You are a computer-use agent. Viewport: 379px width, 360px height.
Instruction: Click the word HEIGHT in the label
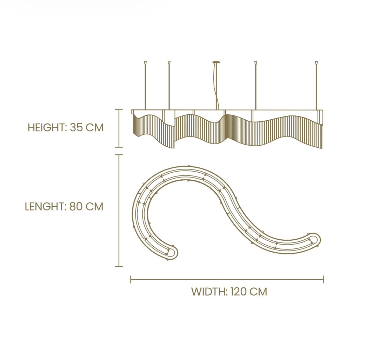point(47,128)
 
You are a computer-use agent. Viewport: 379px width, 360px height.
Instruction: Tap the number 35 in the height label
point(77,128)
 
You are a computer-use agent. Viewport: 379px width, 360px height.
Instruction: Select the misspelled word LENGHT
point(45,207)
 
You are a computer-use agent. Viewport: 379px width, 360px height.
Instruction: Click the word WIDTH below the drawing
point(209,292)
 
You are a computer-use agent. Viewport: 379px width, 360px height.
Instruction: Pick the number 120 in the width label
point(239,292)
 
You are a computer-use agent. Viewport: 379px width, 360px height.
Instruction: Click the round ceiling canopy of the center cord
point(217,62)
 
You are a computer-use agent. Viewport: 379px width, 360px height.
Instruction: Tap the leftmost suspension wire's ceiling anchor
point(145,63)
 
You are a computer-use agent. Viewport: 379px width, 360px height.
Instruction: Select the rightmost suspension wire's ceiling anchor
point(317,63)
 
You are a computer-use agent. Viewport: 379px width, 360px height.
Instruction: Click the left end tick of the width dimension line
point(131,279)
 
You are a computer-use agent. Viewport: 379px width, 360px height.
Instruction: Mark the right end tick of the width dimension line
point(324,279)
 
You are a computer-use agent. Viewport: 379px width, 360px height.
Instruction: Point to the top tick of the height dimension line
point(119,109)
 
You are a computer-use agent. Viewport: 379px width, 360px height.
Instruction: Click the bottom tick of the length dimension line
point(119,267)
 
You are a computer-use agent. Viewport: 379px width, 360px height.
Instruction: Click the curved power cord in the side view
point(218,87)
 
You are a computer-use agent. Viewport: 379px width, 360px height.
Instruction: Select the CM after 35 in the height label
point(95,128)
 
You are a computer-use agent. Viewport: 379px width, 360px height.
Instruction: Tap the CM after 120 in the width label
point(259,292)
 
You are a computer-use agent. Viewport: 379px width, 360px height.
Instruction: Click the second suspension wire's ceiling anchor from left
point(169,63)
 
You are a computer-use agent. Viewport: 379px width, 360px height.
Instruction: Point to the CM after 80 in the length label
point(95,207)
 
